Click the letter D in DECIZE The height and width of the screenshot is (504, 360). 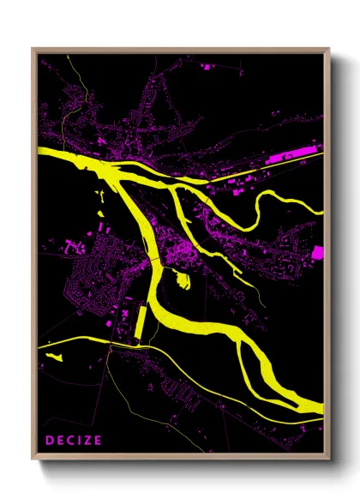point(49,441)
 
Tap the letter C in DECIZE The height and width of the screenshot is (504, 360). point(71,441)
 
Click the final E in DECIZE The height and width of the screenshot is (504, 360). point(100,441)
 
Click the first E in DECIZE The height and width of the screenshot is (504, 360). point(60,441)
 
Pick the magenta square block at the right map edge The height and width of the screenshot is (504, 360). point(318,252)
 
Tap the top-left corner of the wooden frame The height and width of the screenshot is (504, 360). point(33,49)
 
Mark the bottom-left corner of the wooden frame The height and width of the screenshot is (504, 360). point(33,462)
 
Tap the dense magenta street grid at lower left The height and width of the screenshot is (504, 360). point(86,291)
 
